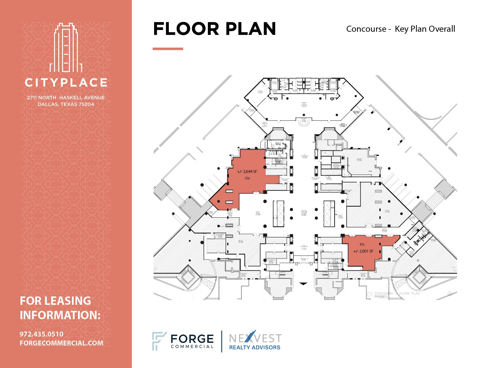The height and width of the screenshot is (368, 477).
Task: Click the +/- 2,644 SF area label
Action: (247, 171)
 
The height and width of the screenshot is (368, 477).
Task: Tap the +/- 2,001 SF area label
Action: (363, 251)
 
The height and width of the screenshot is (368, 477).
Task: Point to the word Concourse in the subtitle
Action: (366, 29)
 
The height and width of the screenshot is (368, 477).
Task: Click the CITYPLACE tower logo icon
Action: (66, 48)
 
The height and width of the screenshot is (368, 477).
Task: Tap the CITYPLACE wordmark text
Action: (66, 83)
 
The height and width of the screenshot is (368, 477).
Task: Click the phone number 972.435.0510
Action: (41, 334)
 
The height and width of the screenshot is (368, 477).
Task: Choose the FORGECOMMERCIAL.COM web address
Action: (61, 343)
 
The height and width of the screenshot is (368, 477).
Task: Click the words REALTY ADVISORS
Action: (254, 348)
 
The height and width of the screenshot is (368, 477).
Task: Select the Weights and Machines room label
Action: (304, 104)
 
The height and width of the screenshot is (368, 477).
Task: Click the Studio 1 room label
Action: (260, 92)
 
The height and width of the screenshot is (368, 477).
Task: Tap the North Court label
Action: (258, 213)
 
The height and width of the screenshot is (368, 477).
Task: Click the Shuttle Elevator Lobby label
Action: (304, 213)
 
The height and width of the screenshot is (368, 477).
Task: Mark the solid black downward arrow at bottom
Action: (303, 284)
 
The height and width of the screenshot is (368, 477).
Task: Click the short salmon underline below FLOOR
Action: (168, 49)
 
